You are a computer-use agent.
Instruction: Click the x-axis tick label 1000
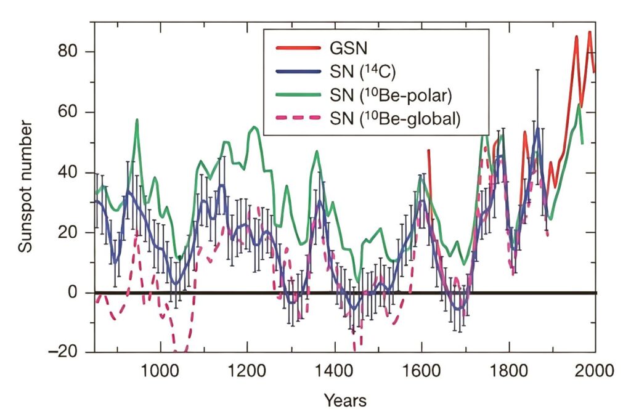tap(160, 372)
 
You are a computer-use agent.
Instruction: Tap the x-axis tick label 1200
tap(247, 372)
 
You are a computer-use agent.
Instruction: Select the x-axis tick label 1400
tap(334, 372)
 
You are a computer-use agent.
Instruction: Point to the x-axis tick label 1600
tap(421, 372)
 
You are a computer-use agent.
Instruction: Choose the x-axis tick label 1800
tap(508, 372)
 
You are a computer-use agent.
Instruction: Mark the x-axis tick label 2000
tap(595, 372)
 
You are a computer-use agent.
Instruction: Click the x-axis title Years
tap(345, 401)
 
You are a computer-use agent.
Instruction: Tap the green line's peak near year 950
tap(137, 120)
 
